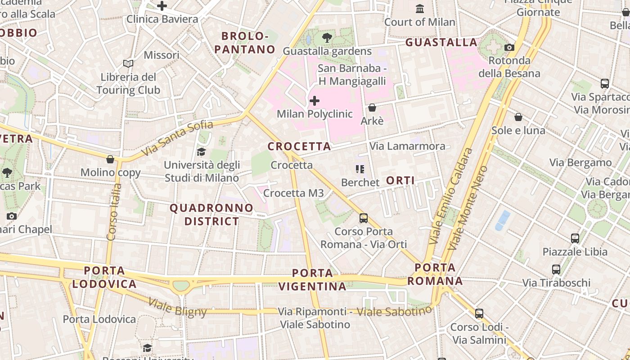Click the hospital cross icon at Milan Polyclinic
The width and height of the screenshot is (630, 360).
[315, 100]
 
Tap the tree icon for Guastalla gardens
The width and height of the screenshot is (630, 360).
[327, 38]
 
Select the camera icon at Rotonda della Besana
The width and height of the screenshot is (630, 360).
[509, 47]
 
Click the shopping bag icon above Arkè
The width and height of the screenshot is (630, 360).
[372, 108]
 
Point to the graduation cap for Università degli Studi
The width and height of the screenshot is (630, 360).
[201, 152]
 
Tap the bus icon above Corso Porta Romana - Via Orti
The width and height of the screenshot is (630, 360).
[364, 218]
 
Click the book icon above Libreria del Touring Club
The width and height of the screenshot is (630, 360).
[128, 64]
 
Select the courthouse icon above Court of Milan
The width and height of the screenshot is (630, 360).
[420, 9]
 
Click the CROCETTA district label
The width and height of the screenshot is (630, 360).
[299, 146]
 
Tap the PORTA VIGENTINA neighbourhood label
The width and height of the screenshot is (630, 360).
[312, 279]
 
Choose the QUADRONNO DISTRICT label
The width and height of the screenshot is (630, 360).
[211, 215]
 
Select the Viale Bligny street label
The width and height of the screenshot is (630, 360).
[177, 308]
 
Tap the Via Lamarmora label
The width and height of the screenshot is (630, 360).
[407, 146]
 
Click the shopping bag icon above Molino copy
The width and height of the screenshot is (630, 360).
[110, 159]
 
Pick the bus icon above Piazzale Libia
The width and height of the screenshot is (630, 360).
[575, 238]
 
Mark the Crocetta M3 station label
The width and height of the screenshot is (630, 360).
[293, 193]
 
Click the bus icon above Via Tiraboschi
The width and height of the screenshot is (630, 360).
[556, 270]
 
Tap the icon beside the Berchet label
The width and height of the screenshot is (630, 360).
[360, 169]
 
